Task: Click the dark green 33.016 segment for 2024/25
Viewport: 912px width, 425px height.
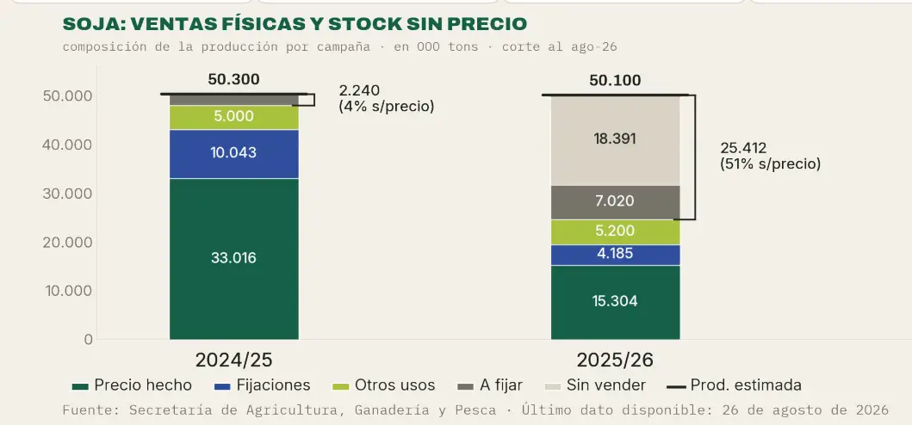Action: tap(234, 259)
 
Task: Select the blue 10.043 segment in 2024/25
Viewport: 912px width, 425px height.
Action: tap(234, 154)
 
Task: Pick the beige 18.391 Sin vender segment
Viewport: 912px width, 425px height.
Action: tap(616, 141)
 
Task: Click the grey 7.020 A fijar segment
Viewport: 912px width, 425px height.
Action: tap(616, 202)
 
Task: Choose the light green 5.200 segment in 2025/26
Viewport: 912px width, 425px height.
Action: tap(616, 232)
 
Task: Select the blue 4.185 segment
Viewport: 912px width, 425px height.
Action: tap(616, 255)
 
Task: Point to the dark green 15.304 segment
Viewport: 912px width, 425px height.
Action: tap(616, 302)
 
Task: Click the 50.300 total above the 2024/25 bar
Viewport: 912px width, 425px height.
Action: tap(234, 80)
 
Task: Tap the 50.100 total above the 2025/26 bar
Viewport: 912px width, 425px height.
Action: tap(616, 80)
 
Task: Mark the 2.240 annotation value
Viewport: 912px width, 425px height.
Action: tap(359, 90)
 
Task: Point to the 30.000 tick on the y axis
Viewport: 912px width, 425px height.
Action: tap(67, 193)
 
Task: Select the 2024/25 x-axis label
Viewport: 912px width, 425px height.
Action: tap(234, 360)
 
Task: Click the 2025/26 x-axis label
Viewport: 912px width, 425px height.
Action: tap(616, 360)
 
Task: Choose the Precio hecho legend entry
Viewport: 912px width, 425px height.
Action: tap(132, 385)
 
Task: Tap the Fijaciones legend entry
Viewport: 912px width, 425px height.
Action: tap(263, 385)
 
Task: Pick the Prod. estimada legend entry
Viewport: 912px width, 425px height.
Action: tap(734, 385)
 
